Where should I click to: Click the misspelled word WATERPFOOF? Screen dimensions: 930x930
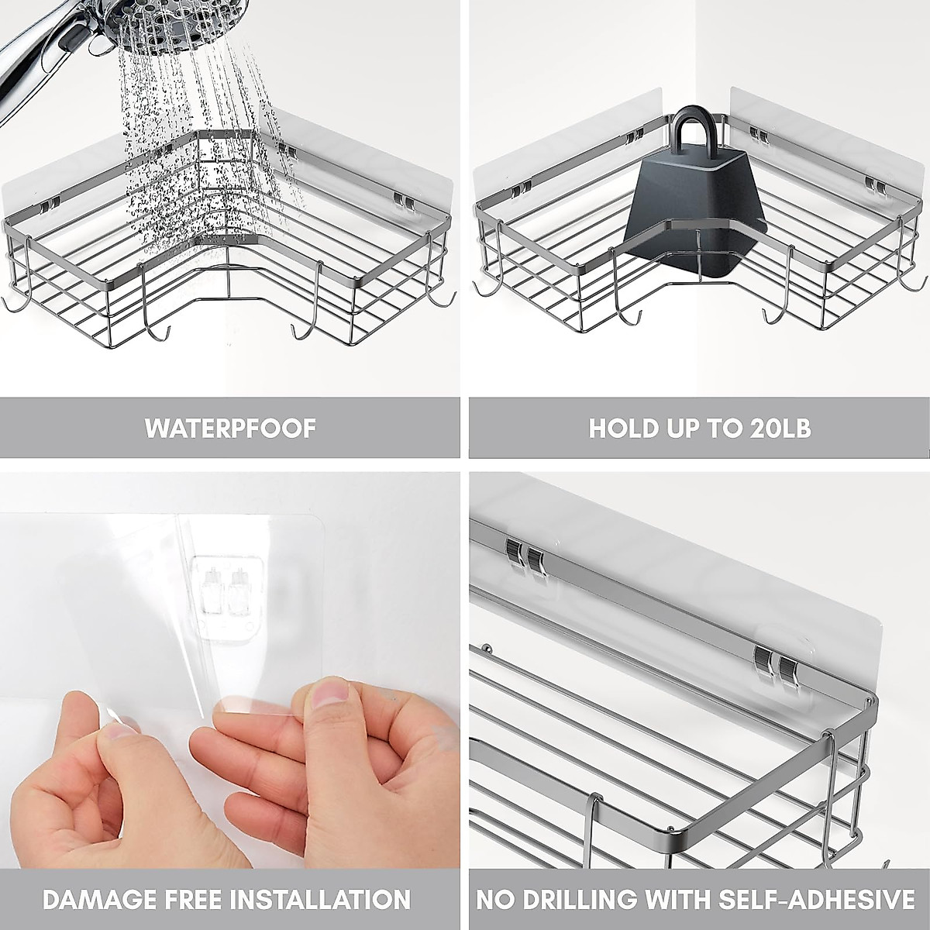point(230,428)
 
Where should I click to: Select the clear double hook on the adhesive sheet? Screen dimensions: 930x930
point(225,589)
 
